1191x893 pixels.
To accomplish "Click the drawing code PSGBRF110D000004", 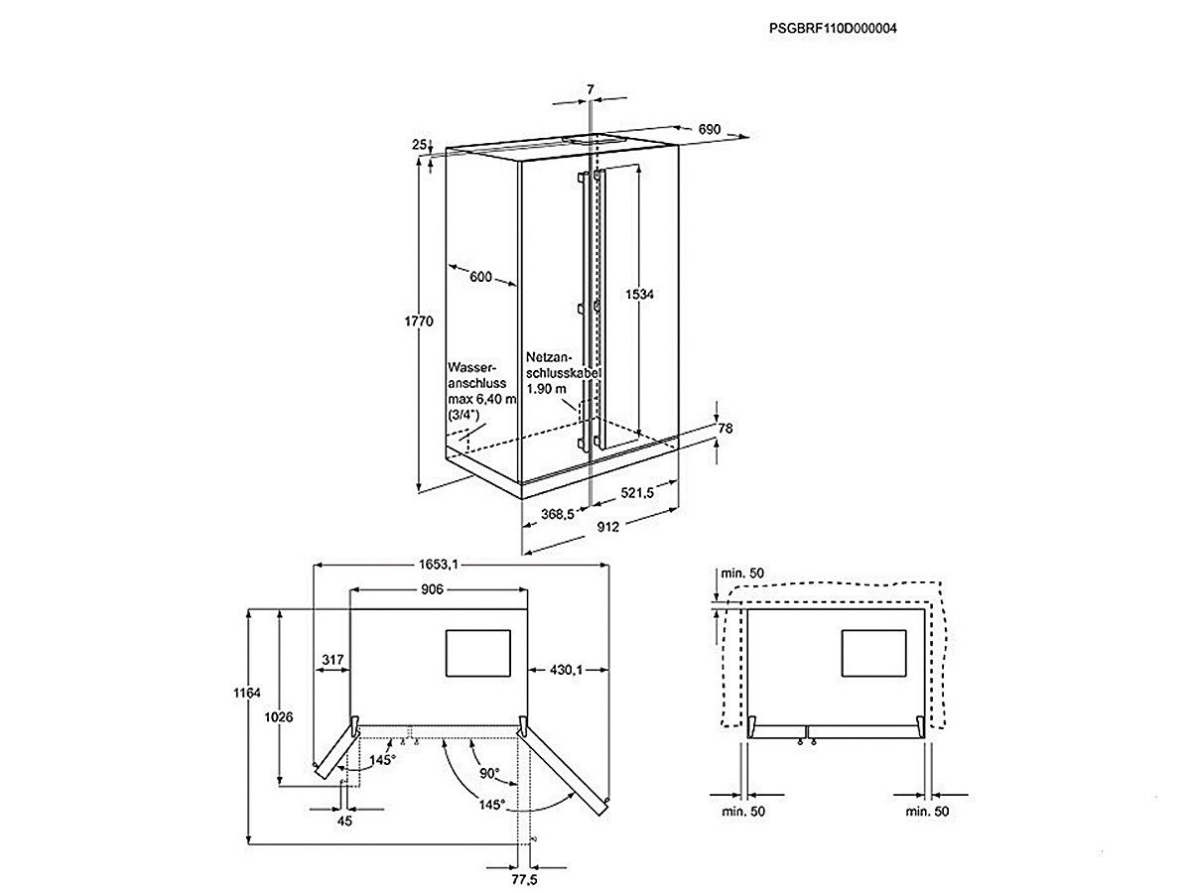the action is [833, 28].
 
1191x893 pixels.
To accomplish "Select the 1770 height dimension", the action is [419, 321].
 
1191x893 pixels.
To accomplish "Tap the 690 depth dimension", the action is [710, 129].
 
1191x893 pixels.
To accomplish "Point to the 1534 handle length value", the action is [639, 295].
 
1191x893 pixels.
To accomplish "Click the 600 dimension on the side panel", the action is [480, 277].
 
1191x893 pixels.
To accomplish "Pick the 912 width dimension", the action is [607, 527].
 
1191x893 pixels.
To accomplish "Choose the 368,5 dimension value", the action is [558, 513].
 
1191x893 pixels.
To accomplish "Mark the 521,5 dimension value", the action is [637, 492].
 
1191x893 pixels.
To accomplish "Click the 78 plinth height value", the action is [726, 429].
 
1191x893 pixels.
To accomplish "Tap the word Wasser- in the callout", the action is [472, 367].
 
